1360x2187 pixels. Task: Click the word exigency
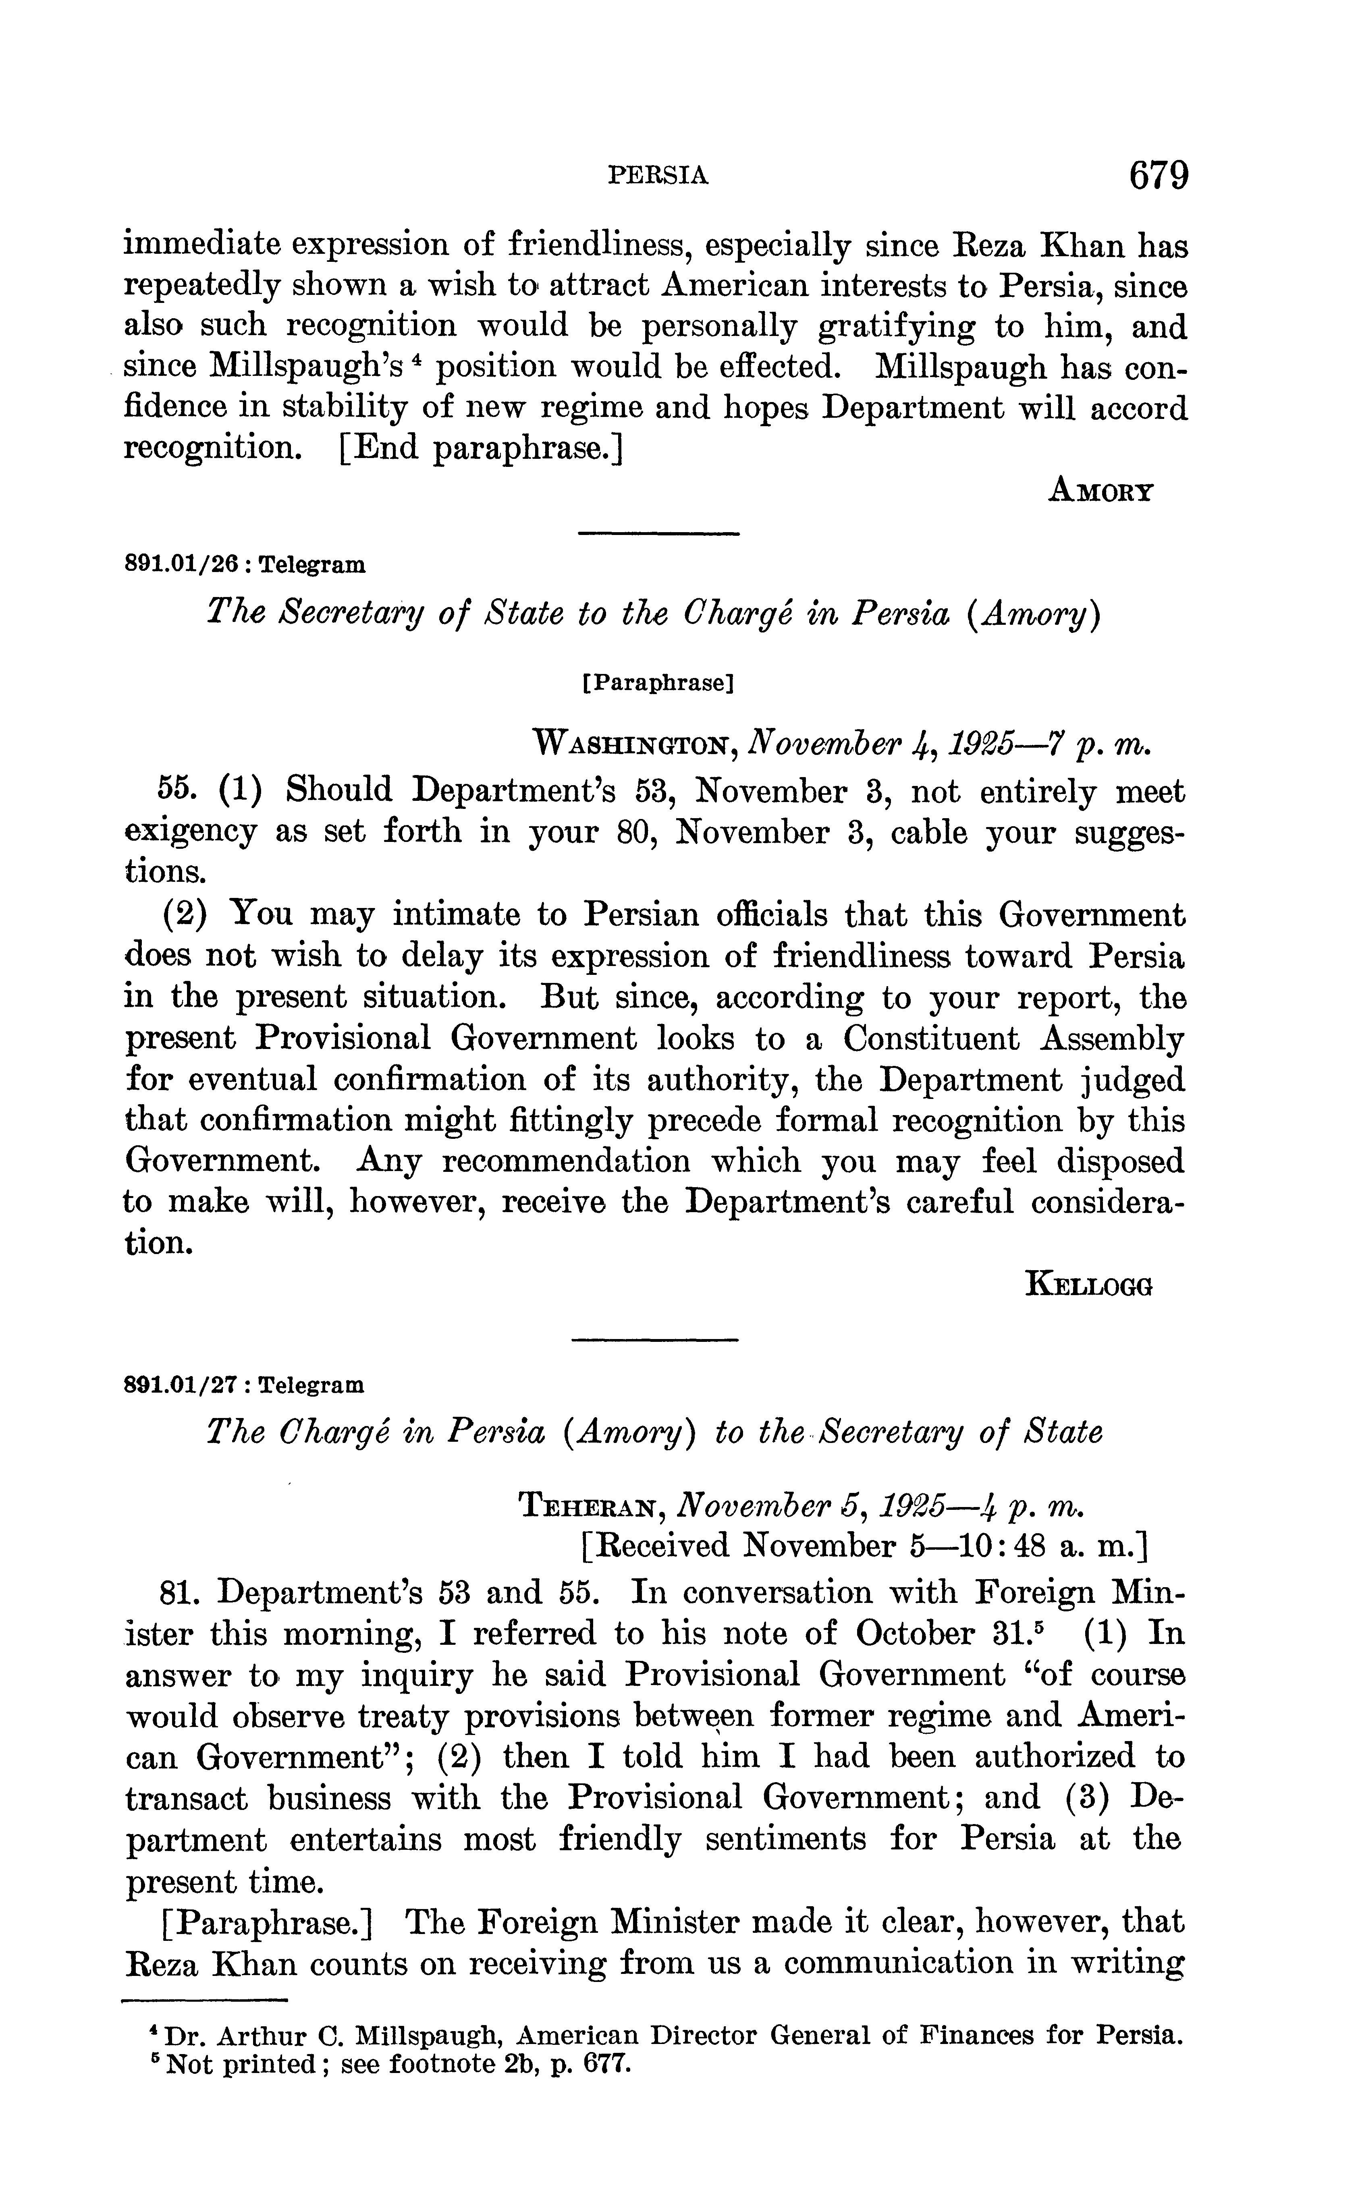[x=189, y=833]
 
